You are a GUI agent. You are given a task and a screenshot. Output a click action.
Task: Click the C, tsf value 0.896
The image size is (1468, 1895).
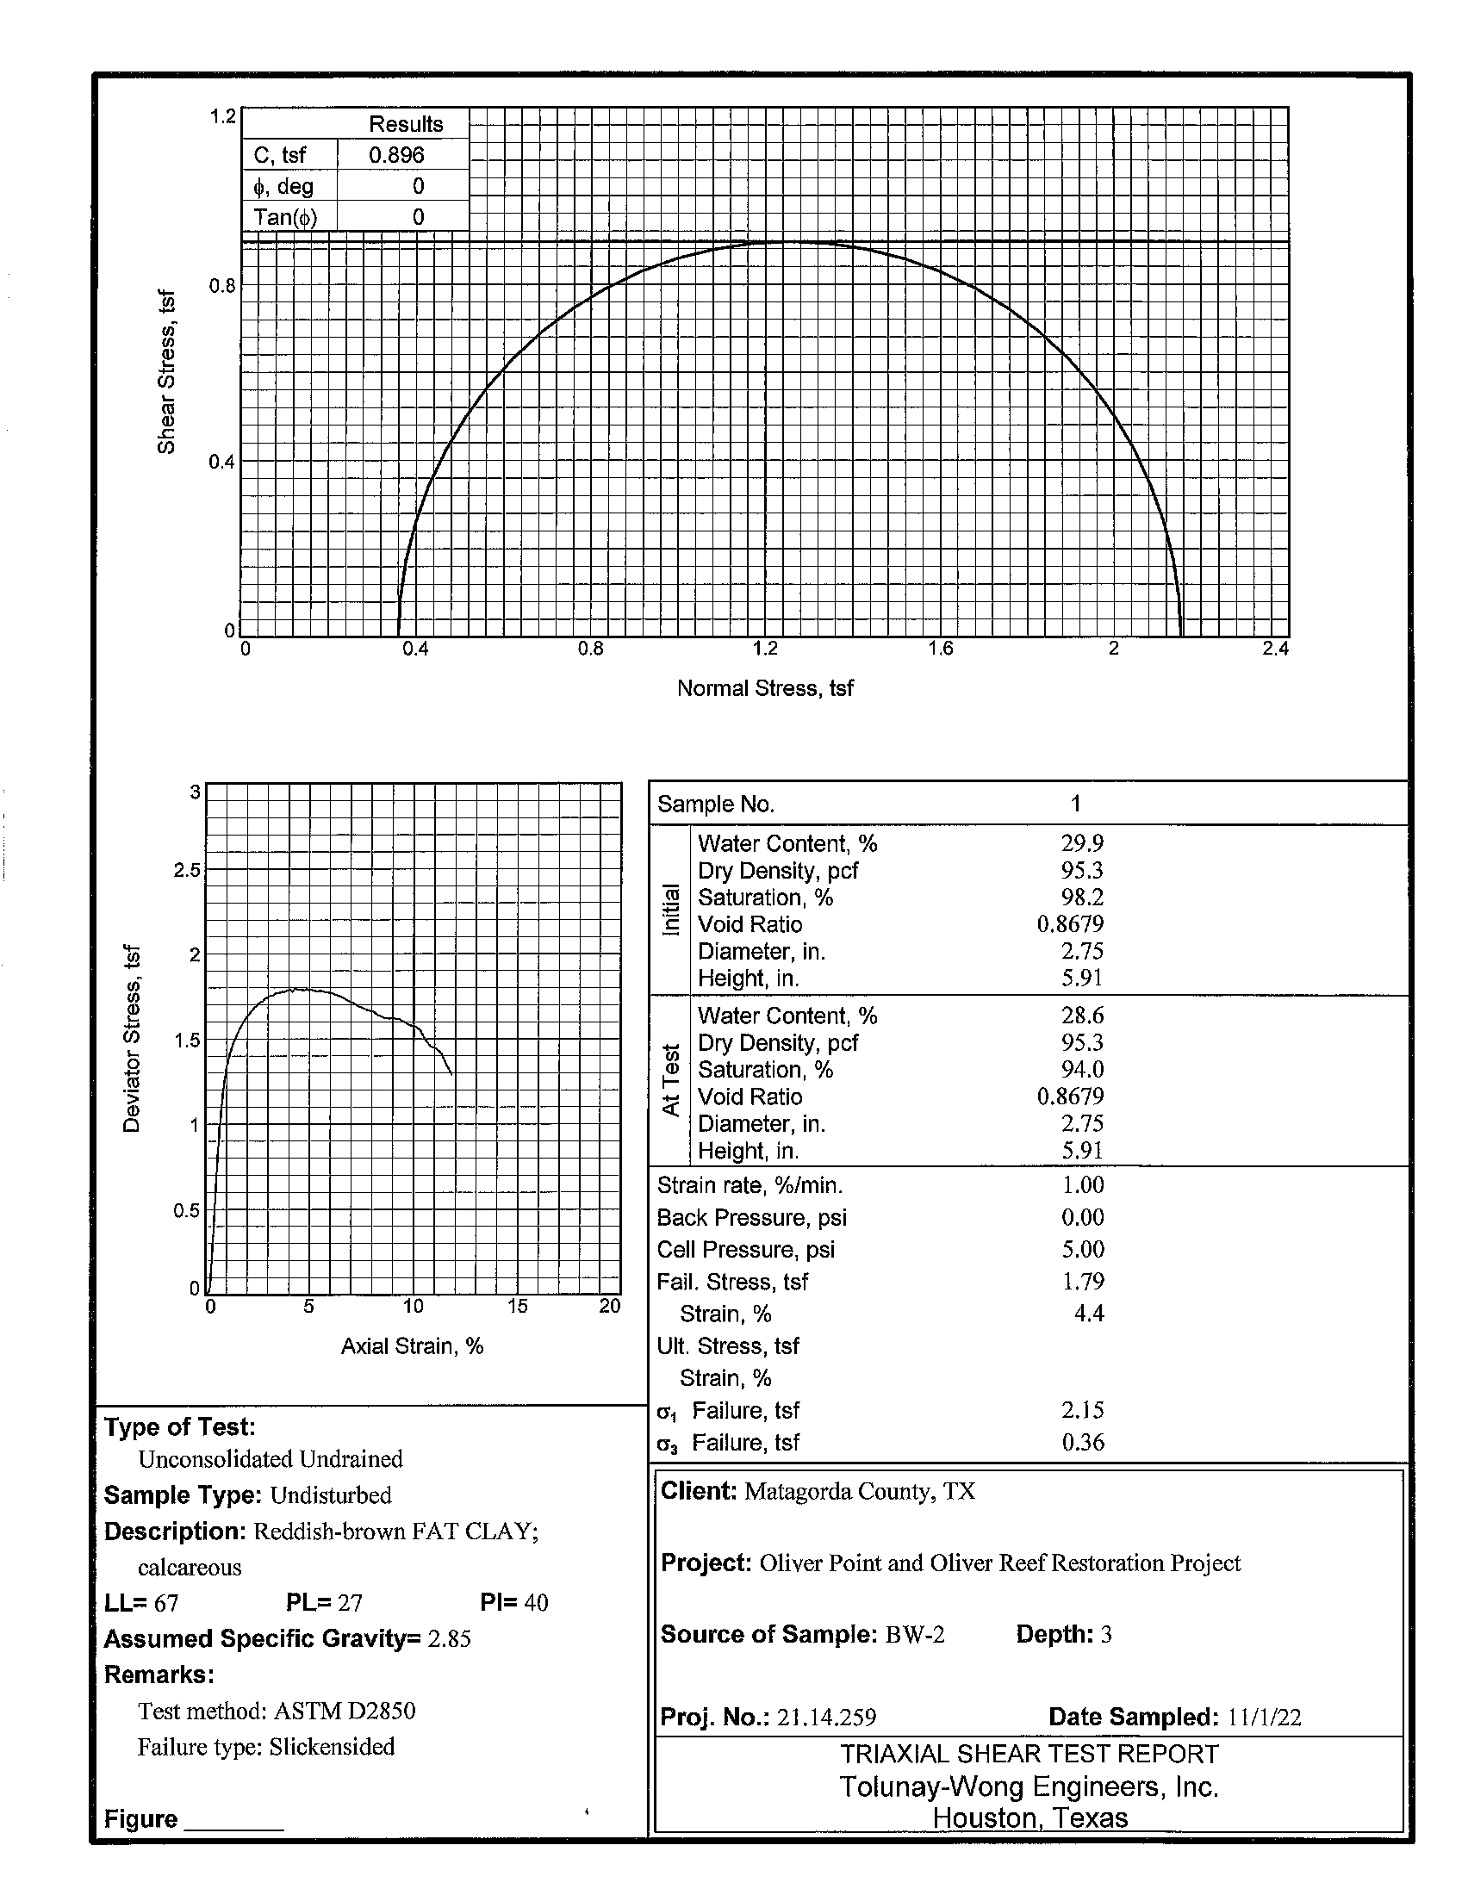396,155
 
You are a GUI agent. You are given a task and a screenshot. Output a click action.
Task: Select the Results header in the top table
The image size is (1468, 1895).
405,124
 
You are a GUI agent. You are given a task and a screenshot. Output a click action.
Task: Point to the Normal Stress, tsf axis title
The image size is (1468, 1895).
764,688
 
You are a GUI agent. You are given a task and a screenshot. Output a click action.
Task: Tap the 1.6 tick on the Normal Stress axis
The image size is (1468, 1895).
941,649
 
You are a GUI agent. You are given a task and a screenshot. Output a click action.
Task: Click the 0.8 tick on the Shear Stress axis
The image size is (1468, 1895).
222,286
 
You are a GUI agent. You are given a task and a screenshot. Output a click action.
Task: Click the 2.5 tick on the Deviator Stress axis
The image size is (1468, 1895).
187,870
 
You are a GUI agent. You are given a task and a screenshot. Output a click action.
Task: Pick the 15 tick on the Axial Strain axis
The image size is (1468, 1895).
517,1307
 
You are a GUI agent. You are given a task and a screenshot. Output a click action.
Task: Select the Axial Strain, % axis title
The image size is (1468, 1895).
411,1345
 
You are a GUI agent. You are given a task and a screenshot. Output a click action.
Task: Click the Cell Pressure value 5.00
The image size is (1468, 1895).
1083,1250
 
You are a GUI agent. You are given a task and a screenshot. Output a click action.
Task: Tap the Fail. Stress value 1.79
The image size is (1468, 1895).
1083,1282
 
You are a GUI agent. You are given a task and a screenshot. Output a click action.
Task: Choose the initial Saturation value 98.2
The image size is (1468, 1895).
1082,898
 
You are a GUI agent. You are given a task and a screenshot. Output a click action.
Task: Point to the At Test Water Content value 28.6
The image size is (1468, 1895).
1082,1016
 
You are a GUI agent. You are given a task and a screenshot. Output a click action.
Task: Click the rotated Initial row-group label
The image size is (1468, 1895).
670,910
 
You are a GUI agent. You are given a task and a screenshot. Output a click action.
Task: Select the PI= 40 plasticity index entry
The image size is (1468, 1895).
513,1603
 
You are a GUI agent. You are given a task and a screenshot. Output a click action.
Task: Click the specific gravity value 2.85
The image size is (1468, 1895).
450,1639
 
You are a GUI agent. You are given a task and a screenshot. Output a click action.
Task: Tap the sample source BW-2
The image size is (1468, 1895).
914,1635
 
